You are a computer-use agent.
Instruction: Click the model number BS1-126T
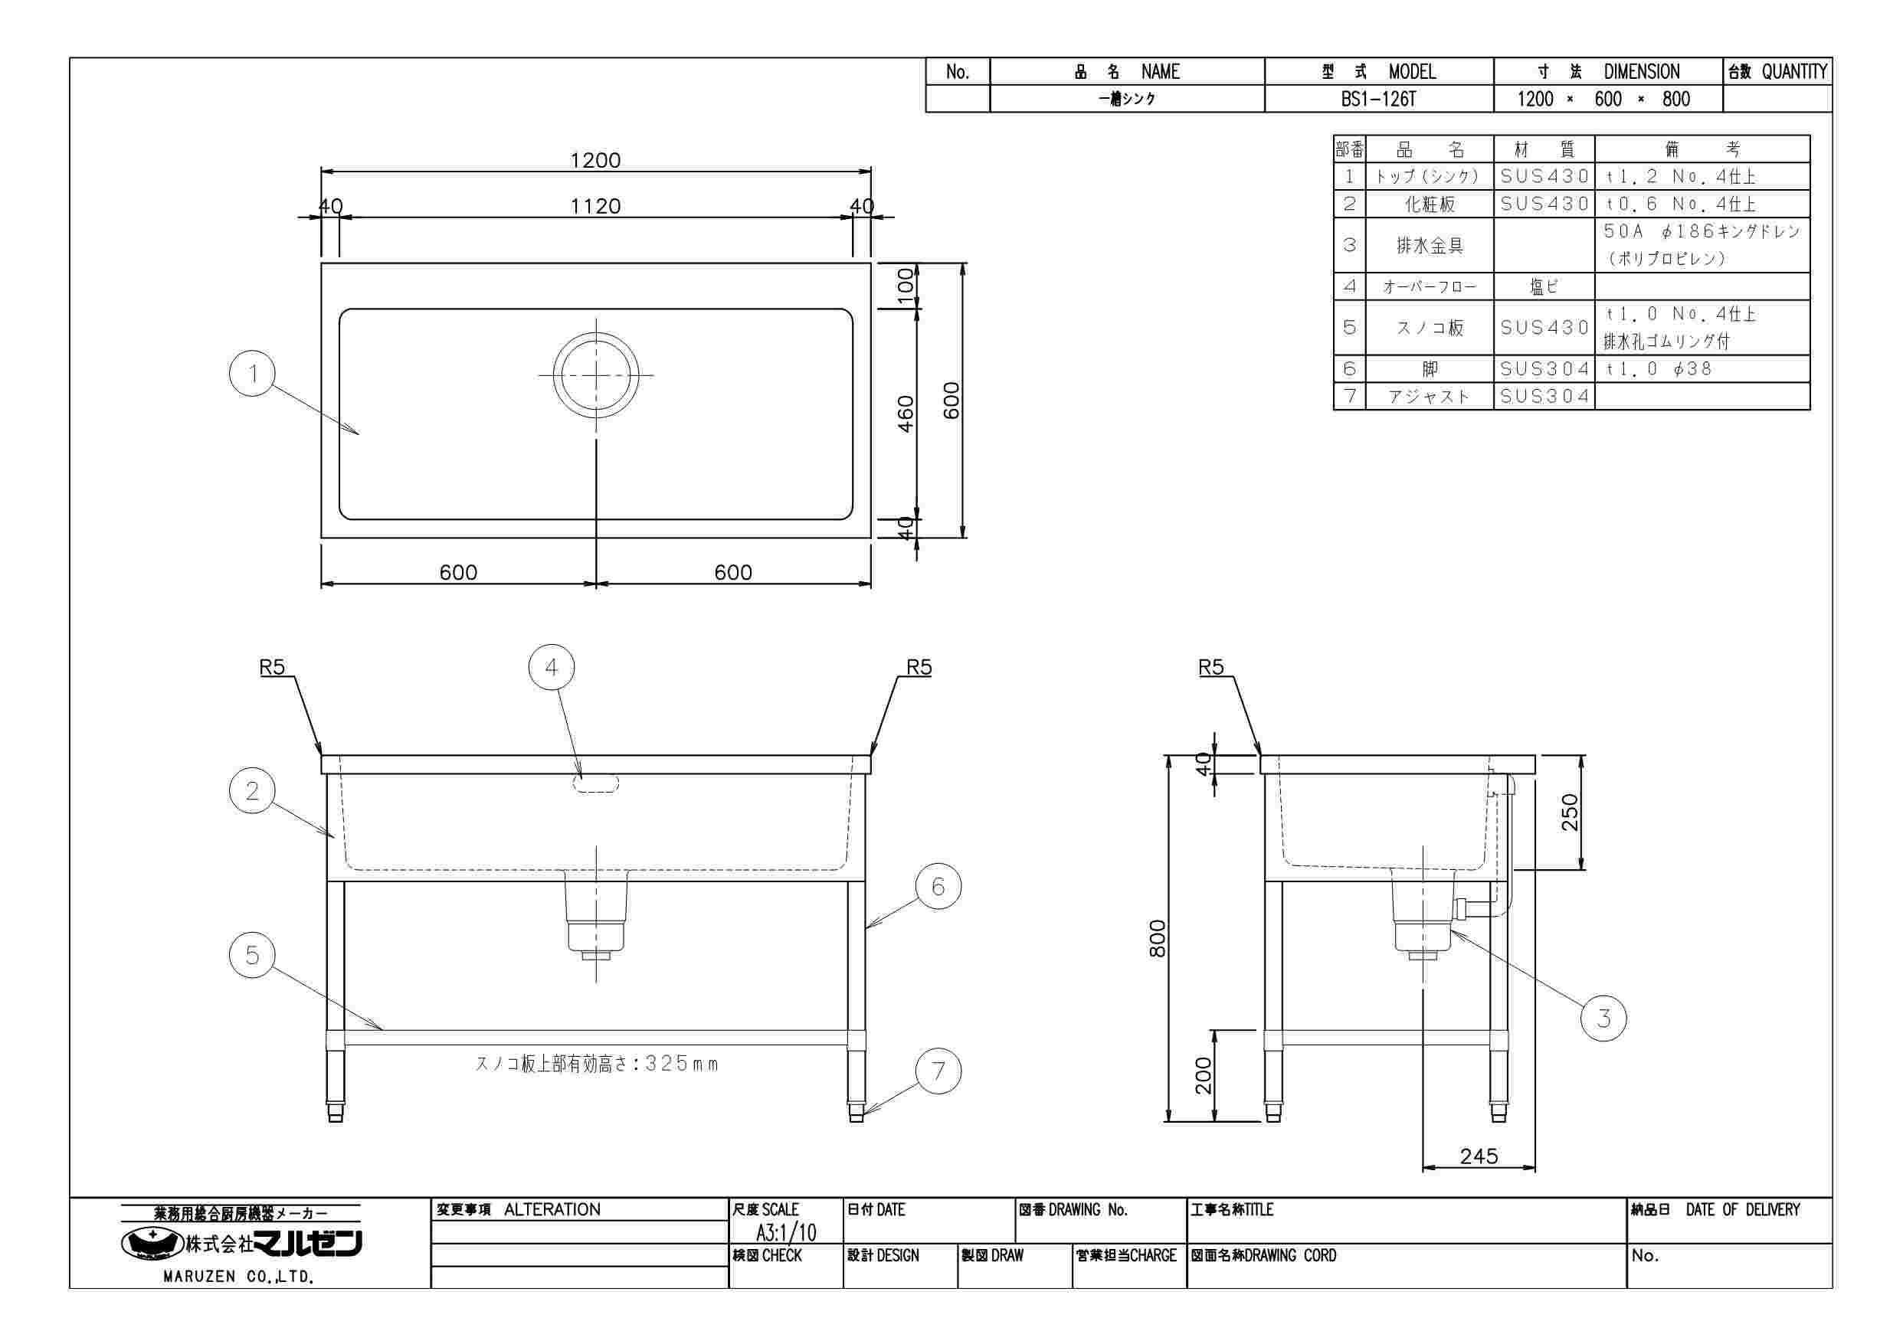(x=1378, y=100)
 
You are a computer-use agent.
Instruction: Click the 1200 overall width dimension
(x=595, y=160)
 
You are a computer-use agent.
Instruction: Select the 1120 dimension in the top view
(x=595, y=206)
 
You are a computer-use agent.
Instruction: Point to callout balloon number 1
(x=252, y=374)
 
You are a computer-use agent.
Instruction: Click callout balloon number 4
(x=551, y=668)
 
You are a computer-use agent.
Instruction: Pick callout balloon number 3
(x=1603, y=1019)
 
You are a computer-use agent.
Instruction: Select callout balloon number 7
(x=938, y=1071)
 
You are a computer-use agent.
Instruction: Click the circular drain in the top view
(x=596, y=374)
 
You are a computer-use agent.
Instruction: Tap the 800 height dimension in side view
(x=1158, y=938)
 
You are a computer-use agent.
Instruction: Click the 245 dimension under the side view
(x=1479, y=1156)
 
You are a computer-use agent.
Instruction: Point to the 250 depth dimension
(x=1571, y=812)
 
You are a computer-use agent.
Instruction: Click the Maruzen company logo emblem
(x=152, y=1243)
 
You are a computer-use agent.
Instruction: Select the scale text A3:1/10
(x=786, y=1232)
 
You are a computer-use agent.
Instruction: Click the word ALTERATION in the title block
(x=552, y=1210)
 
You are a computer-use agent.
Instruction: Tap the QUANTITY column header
(x=1794, y=72)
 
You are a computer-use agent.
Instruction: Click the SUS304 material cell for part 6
(x=1545, y=368)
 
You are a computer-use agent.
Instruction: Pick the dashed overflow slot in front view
(x=596, y=784)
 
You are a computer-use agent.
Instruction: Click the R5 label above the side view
(x=1211, y=667)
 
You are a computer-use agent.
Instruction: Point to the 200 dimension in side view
(x=1204, y=1075)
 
